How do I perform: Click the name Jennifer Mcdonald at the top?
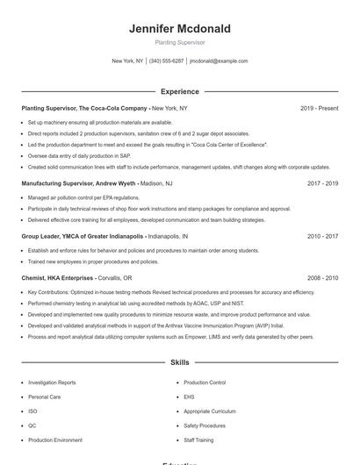click(179, 29)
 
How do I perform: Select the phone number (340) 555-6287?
click(166, 61)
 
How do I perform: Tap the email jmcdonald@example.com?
click(219, 61)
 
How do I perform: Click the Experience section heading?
click(179, 91)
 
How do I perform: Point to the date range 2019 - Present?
click(319, 108)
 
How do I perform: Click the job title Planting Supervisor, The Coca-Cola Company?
click(84, 108)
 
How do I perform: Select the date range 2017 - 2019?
click(322, 184)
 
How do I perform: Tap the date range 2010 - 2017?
click(322, 236)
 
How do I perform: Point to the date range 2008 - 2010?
click(322, 277)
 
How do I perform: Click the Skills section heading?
click(179, 362)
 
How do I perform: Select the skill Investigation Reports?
click(52, 383)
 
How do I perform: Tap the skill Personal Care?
click(44, 397)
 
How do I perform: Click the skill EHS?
click(189, 397)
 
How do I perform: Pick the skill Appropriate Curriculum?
click(210, 411)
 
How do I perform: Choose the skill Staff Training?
click(198, 440)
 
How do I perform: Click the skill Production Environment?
click(55, 440)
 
